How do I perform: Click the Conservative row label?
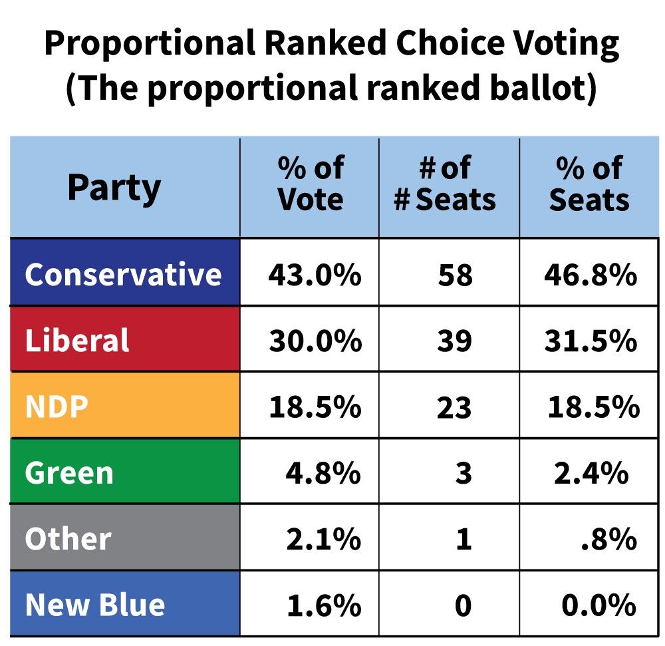(124, 273)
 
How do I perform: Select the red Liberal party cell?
(124, 340)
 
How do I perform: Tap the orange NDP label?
(124, 406)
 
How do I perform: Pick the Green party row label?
(124, 472)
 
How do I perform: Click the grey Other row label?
(124, 538)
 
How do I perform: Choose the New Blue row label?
(124, 604)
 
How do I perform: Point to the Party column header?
(114, 188)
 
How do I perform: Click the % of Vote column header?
(310, 184)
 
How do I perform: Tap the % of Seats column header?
(589, 184)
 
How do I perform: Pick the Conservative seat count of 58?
(456, 275)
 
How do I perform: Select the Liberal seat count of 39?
(456, 341)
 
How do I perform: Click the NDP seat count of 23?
(456, 407)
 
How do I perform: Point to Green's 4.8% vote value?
(323, 473)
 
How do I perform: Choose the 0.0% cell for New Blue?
(598, 605)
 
